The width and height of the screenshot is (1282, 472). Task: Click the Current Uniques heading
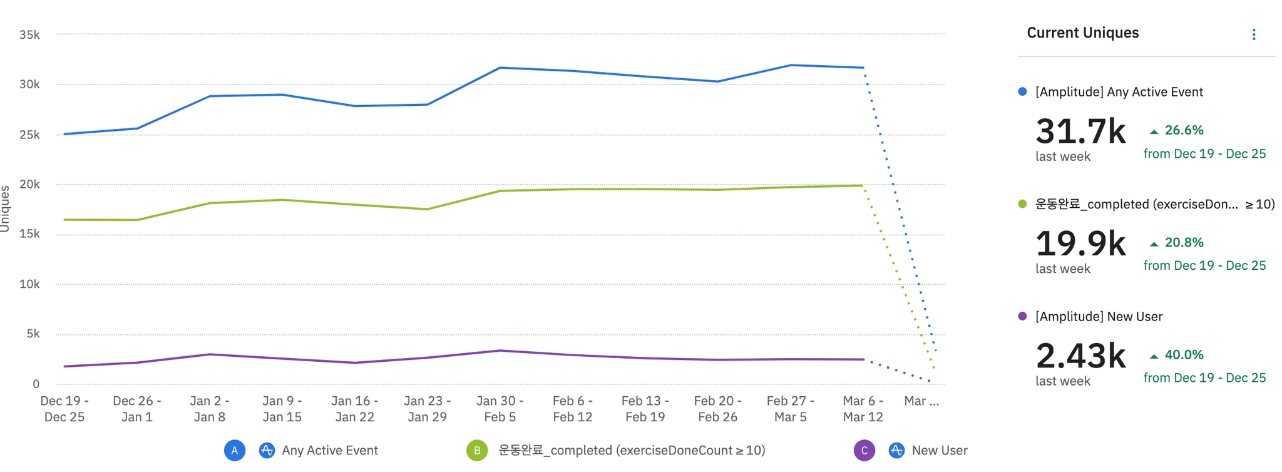(x=1082, y=33)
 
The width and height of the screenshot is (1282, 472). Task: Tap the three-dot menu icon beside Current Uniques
(x=1253, y=34)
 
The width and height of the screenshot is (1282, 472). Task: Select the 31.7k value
(x=1080, y=131)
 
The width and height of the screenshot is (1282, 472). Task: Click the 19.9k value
(x=1080, y=244)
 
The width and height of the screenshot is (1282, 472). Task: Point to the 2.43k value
(x=1080, y=356)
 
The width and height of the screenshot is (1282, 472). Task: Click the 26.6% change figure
(x=1183, y=130)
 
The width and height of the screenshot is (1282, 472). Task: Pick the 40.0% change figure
(x=1183, y=355)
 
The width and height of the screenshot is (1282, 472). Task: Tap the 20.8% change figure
(x=1183, y=242)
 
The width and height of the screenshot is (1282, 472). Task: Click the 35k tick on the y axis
(x=29, y=35)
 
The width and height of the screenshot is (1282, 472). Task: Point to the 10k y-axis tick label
(x=29, y=284)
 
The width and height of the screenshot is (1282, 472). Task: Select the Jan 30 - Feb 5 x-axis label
(x=500, y=409)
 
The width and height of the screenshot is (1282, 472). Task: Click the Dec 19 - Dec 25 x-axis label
(x=64, y=409)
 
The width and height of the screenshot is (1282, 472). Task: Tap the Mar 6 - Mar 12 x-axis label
(x=863, y=409)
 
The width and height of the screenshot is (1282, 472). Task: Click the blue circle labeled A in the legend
(x=235, y=450)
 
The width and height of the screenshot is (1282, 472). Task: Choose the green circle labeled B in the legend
(x=477, y=450)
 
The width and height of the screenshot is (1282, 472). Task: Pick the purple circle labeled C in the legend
(x=864, y=450)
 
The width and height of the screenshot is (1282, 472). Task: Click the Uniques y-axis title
(x=6, y=208)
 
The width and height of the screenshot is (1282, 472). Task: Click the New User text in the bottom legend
(x=939, y=450)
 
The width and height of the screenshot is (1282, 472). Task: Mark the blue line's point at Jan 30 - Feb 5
(x=500, y=68)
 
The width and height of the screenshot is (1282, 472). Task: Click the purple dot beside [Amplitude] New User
(x=1022, y=316)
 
